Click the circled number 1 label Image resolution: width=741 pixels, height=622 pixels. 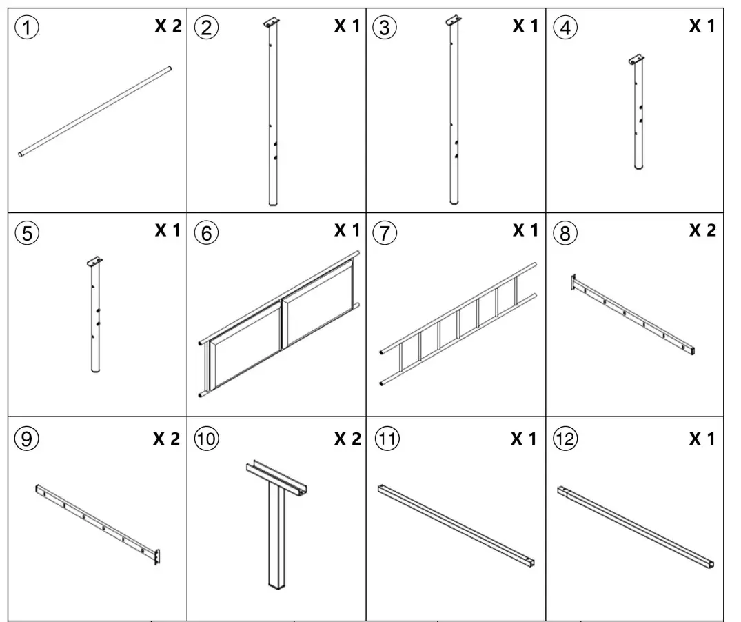(27, 28)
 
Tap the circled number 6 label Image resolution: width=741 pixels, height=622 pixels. (206, 233)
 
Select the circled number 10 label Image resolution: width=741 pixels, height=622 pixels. (206, 439)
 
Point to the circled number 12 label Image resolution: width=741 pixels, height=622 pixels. (565, 439)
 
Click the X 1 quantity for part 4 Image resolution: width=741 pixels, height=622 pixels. (702, 26)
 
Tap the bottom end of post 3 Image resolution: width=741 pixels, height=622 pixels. (454, 201)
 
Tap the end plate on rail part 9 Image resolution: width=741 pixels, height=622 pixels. (158, 556)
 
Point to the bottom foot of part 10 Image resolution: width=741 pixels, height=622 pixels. (276, 585)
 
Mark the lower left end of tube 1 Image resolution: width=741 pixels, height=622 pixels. (21, 155)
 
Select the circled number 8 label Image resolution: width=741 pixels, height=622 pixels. (565, 233)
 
